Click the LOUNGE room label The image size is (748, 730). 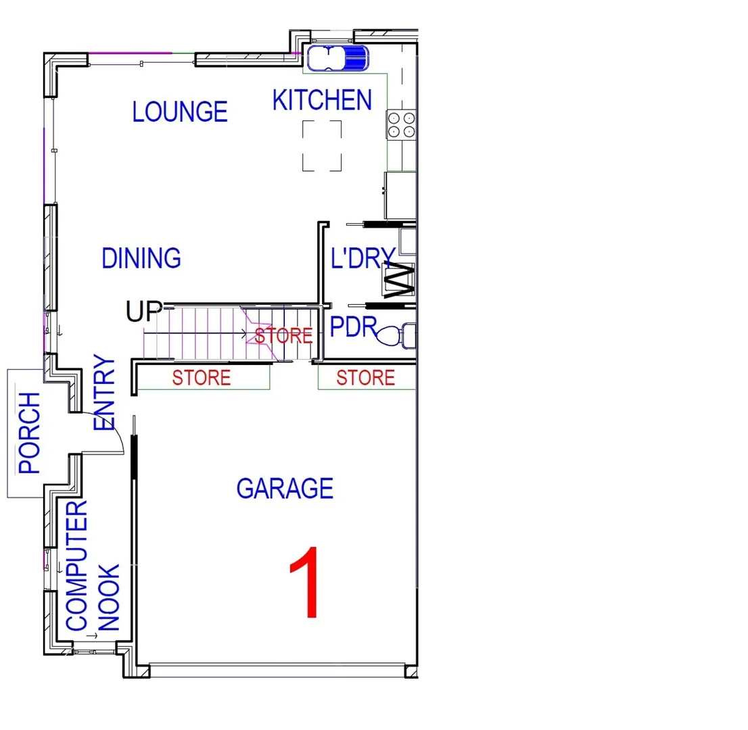[x=180, y=112]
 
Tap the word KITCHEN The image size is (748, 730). [x=322, y=100]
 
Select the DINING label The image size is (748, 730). [x=141, y=258]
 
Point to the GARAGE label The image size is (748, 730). [x=285, y=488]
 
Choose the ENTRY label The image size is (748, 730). [x=106, y=393]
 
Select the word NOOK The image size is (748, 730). [x=109, y=598]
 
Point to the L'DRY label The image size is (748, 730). [x=363, y=258]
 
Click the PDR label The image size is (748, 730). [x=353, y=328]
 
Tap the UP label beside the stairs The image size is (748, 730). [x=143, y=312]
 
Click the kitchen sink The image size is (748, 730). [x=337, y=58]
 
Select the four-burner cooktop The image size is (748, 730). [x=400, y=124]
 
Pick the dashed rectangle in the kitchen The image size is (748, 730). [x=322, y=145]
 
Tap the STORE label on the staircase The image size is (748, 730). [x=283, y=335]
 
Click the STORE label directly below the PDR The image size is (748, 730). [x=366, y=378]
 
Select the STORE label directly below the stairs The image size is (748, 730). [x=202, y=378]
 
